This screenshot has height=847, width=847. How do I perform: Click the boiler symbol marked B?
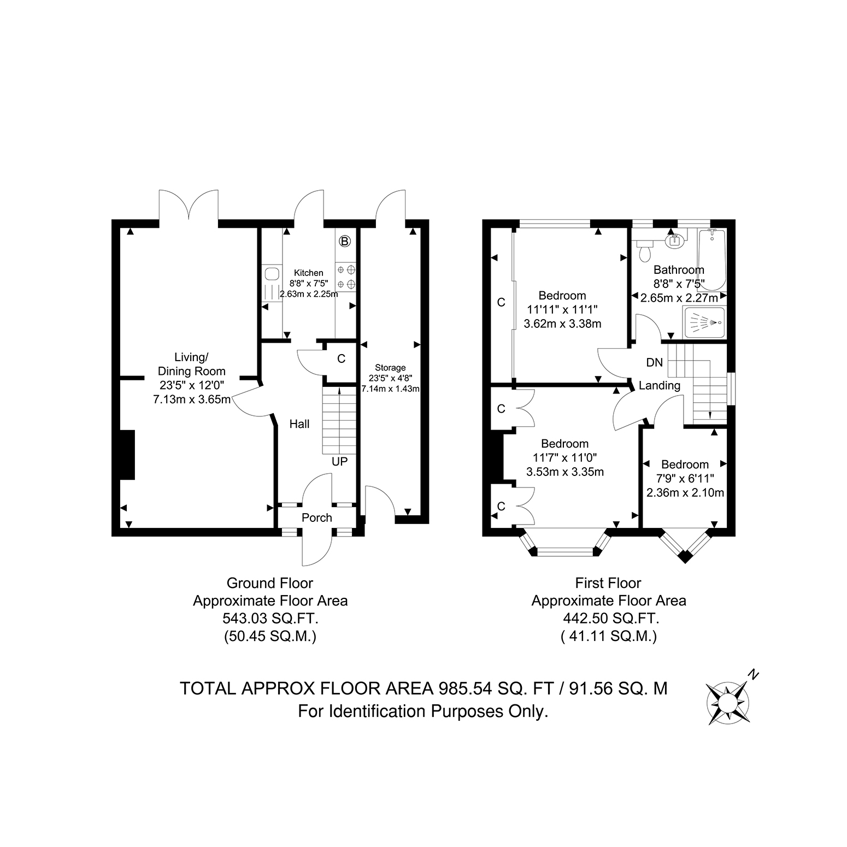click(345, 240)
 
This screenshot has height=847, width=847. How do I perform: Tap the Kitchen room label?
click(309, 273)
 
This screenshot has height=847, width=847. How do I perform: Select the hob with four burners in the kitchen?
click(345, 277)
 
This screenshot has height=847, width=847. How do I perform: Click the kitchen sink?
click(271, 283)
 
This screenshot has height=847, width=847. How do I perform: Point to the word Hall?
click(299, 424)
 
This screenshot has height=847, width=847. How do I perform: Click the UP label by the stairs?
click(339, 462)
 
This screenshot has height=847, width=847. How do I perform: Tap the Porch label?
click(317, 517)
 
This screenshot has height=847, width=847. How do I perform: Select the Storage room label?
click(390, 368)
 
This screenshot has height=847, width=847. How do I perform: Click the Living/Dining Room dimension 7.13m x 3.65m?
click(192, 399)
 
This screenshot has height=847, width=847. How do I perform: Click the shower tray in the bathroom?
click(704, 322)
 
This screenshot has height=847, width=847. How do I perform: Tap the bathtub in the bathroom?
click(712, 260)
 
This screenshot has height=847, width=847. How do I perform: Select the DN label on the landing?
click(654, 362)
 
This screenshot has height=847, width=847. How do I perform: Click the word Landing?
click(660, 386)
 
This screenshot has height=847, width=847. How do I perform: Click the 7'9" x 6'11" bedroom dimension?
click(685, 479)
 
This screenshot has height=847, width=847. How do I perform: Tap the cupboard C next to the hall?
click(342, 359)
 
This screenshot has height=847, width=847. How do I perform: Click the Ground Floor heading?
click(270, 583)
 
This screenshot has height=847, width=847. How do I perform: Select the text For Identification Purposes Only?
click(423, 711)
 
